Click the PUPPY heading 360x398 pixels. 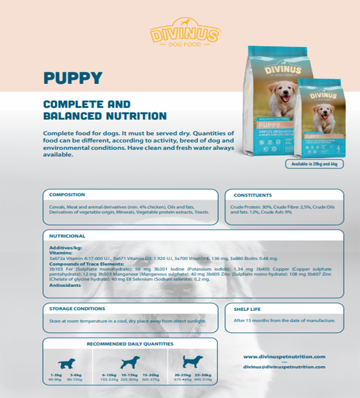tap(73, 78)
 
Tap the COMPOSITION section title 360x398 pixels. tap(67, 194)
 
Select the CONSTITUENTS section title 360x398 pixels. tap(253, 195)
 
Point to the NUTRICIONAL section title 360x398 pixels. tap(67, 236)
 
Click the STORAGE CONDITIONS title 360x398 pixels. tap(77, 309)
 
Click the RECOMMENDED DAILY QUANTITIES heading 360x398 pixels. tap(130, 344)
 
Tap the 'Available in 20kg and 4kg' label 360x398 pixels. tap(314, 164)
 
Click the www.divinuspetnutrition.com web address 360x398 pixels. tap(284, 357)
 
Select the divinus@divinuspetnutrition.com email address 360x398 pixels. tap(284, 367)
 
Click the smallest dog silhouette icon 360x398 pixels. tap(66, 363)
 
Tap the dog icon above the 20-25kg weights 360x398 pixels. tap(193, 361)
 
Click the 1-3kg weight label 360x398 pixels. tap(55, 375)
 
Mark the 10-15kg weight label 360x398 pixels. tap(129, 375)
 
